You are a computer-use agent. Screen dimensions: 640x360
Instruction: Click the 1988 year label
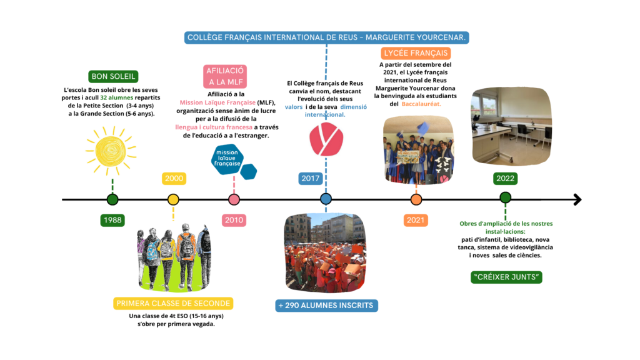[x=112, y=220]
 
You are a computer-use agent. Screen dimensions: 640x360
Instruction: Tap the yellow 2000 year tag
[x=174, y=178]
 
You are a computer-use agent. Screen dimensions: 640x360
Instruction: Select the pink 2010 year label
[x=234, y=220]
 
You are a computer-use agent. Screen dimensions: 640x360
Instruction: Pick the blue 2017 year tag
[x=310, y=178]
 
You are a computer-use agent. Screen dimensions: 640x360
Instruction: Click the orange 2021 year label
[x=416, y=220]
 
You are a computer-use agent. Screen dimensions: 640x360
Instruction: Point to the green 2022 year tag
[x=505, y=178]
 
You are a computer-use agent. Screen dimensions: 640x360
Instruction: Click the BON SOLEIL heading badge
[x=114, y=76]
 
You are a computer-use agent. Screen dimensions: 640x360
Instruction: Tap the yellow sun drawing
[x=111, y=151]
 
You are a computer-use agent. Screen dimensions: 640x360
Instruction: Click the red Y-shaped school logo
[x=326, y=139]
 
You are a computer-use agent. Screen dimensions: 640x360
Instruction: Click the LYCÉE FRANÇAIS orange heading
[x=416, y=53]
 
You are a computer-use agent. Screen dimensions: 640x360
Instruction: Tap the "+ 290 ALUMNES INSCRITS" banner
[x=326, y=305]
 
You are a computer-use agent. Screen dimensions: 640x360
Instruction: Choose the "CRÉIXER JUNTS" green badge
[x=506, y=277]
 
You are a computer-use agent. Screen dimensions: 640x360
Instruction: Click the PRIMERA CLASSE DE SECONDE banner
[x=173, y=303]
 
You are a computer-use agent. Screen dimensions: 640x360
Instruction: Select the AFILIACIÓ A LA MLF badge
[x=225, y=76]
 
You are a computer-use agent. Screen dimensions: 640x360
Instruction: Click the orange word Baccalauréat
[x=421, y=104]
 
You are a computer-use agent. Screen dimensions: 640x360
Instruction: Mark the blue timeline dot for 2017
[x=326, y=199]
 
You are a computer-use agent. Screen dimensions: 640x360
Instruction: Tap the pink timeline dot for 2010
[x=234, y=199]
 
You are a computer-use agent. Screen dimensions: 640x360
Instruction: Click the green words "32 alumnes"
[x=117, y=98]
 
